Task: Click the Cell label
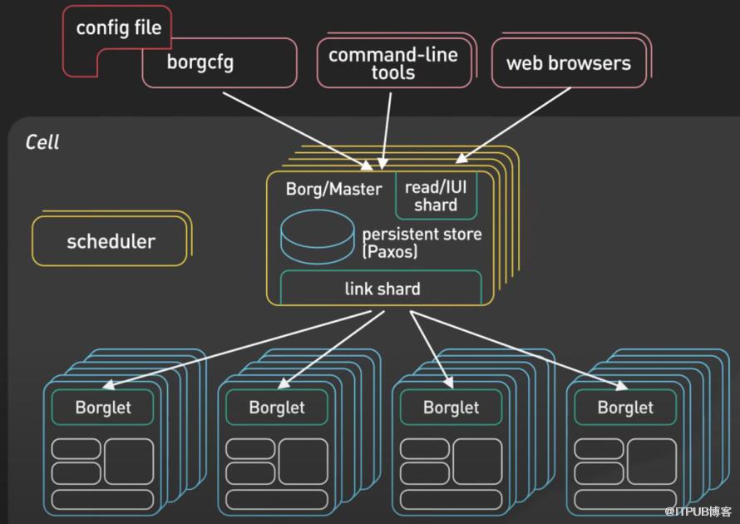tap(42, 142)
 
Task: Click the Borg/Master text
tap(333, 189)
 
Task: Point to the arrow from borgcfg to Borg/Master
tap(298, 131)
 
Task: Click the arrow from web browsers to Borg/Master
tap(513, 125)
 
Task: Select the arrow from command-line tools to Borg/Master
tap(387, 131)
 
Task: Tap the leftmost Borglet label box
tap(103, 407)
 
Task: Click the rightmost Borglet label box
tap(625, 407)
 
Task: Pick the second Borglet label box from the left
tap(277, 407)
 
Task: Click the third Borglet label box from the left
tap(451, 407)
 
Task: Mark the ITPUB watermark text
tap(698, 512)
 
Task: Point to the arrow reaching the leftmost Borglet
tap(237, 349)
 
